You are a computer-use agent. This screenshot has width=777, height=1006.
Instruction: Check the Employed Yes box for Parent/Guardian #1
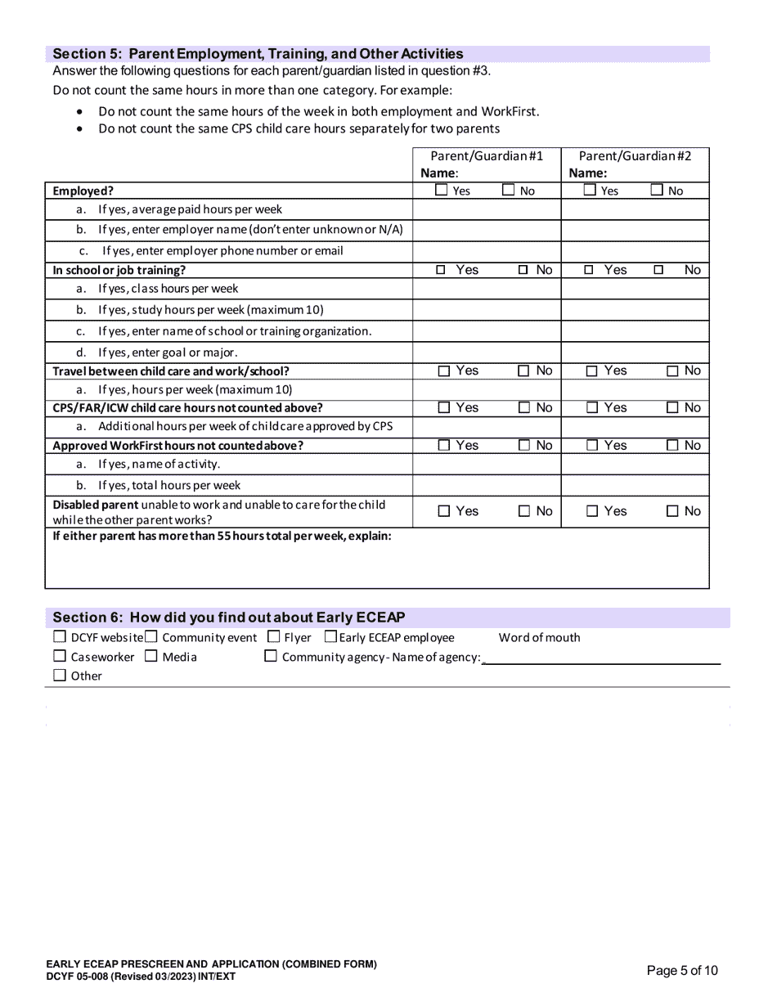pyautogui.click(x=442, y=191)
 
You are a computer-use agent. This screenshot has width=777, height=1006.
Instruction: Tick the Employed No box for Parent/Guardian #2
pyautogui.click(x=657, y=191)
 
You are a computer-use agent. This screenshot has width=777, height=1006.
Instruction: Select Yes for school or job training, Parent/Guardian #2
pyautogui.click(x=590, y=270)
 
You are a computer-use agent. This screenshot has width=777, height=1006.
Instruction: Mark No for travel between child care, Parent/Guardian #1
pyautogui.click(x=523, y=371)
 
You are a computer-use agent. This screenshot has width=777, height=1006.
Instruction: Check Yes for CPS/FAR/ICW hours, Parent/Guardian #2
pyautogui.click(x=591, y=408)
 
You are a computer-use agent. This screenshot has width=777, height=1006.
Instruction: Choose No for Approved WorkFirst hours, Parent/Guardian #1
pyautogui.click(x=523, y=446)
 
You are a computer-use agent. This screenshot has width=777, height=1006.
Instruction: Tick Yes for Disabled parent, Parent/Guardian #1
pyautogui.click(x=444, y=511)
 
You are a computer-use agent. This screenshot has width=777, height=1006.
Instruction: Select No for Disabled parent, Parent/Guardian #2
pyautogui.click(x=672, y=511)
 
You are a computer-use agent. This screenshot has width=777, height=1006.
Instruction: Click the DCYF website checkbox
pyautogui.click(x=59, y=637)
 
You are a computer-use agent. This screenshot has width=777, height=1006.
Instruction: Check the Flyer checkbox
pyautogui.click(x=274, y=637)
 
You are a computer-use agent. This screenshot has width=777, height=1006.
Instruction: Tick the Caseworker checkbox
pyautogui.click(x=59, y=656)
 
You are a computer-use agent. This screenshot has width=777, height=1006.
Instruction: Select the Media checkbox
pyautogui.click(x=151, y=656)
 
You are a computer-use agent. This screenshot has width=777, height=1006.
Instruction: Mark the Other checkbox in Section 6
pyautogui.click(x=59, y=676)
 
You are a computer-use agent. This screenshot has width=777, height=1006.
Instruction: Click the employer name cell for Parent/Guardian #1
pyautogui.click(x=487, y=230)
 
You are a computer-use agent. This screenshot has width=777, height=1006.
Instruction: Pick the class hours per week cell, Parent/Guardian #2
pyautogui.click(x=635, y=289)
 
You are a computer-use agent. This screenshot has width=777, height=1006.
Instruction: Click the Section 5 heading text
pyautogui.click(x=258, y=54)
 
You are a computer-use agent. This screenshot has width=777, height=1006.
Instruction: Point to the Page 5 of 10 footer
pyautogui.click(x=682, y=971)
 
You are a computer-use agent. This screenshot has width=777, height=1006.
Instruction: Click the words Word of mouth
pyautogui.click(x=539, y=638)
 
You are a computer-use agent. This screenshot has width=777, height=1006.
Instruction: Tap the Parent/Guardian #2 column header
pyautogui.click(x=635, y=155)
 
